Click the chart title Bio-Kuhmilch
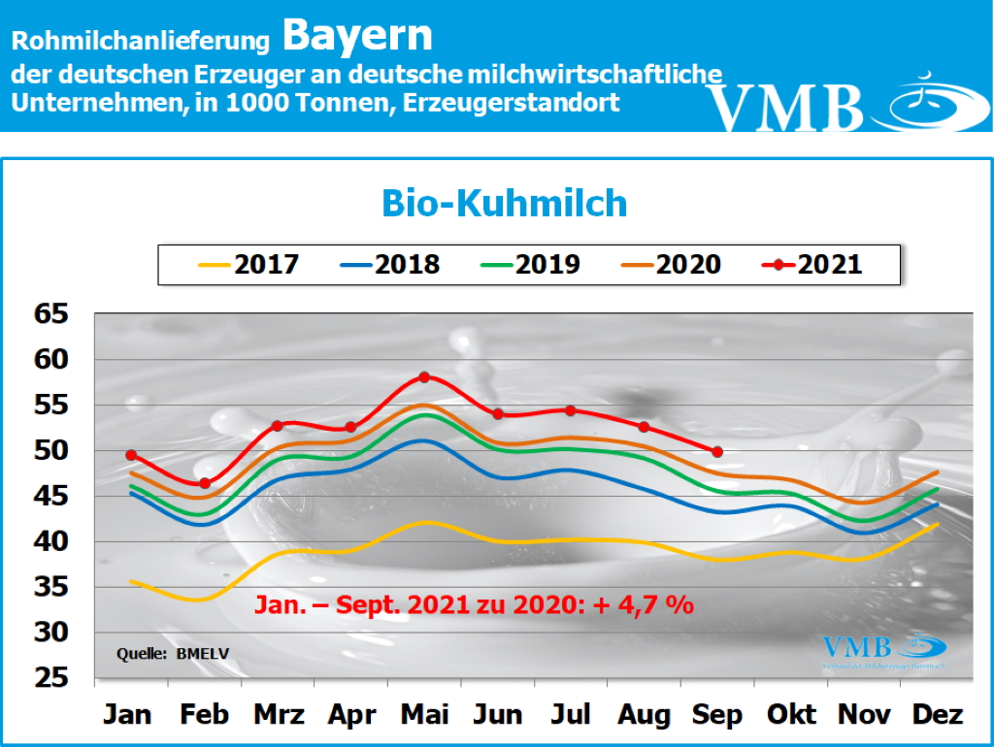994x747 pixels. [504, 204]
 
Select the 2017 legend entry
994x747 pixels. [248, 264]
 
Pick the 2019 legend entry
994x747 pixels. [530, 264]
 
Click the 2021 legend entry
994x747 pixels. [813, 264]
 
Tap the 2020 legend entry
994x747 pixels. [671, 264]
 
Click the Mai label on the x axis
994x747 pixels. [423, 715]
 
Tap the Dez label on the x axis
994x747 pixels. [938, 715]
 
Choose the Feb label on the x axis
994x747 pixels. [204, 715]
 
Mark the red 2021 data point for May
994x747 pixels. [424, 376]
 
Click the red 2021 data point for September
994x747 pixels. [717, 451]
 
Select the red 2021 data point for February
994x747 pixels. [205, 483]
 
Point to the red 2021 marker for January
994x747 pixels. [131, 455]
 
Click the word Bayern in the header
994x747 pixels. [357, 37]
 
